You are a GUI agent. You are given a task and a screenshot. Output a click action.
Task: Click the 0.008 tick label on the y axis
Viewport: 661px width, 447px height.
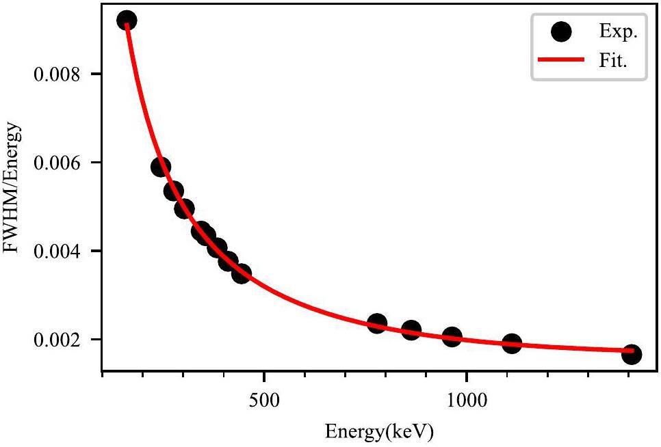(x=57, y=74)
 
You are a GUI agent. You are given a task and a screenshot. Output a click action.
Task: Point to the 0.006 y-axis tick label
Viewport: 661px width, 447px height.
(x=57, y=163)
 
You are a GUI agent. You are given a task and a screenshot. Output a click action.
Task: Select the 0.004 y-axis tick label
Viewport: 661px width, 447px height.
(x=57, y=252)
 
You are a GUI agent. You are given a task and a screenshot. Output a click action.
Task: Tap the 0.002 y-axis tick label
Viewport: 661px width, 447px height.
(x=57, y=340)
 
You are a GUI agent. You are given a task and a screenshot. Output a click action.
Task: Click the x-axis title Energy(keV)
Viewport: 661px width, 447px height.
(x=378, y=432)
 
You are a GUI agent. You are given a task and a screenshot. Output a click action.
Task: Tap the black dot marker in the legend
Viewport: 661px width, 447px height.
(x=562, y=31)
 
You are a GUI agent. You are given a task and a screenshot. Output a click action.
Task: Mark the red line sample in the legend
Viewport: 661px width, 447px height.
(x=561, y=60)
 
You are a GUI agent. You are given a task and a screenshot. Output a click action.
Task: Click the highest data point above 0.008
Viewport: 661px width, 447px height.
(x=127, y=21)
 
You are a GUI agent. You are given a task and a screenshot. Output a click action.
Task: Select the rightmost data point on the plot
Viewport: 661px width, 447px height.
(x=632, y=354)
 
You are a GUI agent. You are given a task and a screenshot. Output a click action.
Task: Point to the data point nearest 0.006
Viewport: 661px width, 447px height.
(x=161, y=167)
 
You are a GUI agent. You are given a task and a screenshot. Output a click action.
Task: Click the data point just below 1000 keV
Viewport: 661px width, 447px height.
(x=452, y=336)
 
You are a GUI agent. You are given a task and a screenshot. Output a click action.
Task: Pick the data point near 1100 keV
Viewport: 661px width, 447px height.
(x=512, y=343)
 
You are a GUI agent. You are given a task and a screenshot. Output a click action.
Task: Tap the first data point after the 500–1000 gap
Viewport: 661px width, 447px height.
(x=377, y=323)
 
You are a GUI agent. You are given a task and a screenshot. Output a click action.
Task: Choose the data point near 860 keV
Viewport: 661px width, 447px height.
(x=411, y=330)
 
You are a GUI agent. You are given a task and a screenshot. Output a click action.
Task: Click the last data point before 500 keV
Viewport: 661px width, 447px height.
(x=241, y=274)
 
